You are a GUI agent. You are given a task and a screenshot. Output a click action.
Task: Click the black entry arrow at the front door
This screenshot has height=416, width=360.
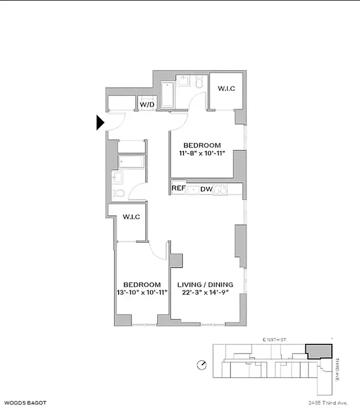tap(100, 123)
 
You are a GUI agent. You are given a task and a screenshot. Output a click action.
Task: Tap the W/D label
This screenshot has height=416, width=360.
tap(146, 105)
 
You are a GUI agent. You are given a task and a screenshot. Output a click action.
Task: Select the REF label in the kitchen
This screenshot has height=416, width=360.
tap(179, 189)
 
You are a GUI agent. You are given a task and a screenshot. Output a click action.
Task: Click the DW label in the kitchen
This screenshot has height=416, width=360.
tap(206, 189)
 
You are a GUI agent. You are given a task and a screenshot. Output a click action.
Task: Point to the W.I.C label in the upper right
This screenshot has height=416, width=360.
tap(226, 88)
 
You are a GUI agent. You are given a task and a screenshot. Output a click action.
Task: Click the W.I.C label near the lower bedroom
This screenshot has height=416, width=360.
tap(131, 217)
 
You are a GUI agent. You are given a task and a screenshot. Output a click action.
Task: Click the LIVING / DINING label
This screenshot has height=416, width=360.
tap(205, 284)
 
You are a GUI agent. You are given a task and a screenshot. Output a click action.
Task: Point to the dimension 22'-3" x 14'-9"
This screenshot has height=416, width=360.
tap(205, 293)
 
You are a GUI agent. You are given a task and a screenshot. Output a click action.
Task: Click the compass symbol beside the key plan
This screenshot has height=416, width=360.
tap(202, 365)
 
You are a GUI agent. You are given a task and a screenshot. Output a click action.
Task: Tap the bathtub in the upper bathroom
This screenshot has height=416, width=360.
tap(168, 96)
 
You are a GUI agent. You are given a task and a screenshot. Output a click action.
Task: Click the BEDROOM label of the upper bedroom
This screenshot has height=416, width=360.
tap(202, 146)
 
